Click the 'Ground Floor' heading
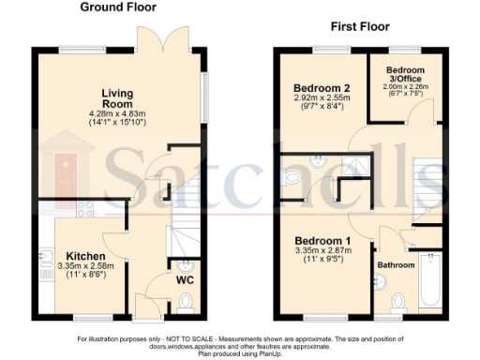tap(118, 7)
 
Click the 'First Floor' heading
tap(359, 26)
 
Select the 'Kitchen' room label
tap(84, 256)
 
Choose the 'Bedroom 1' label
tap(320, 239)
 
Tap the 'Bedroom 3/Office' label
tap(406, 74)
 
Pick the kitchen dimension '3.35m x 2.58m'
tap(84, 267)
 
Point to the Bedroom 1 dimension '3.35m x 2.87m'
tap(320, 250)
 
